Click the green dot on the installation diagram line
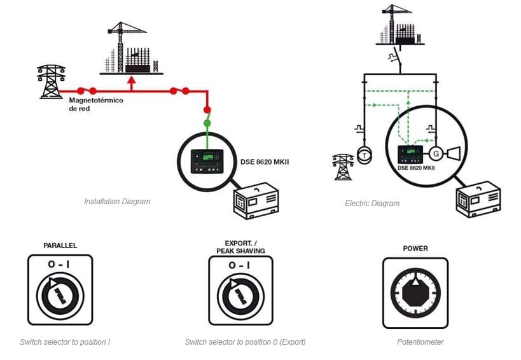click(x=207, y=122)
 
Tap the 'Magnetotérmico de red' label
click(x=95, y=104)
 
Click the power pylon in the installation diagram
click(x=51, y=81)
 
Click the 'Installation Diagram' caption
click(x=117, y=202)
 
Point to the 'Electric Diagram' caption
click(x=372, y=204)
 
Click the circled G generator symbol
click(x=436, y=154)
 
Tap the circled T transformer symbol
click(x=363, y=155)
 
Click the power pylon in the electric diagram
click(x=341, y=166)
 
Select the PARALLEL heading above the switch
click(x=60, y=246)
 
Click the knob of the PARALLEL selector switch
click(x=60, y=294)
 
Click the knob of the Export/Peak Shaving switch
click(x=240, y=294)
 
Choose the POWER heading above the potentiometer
click(x=415, y=249)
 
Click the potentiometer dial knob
click(x=415, y=294)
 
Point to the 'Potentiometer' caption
click(x=420, y=342)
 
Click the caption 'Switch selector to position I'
click(x=65, y=342)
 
